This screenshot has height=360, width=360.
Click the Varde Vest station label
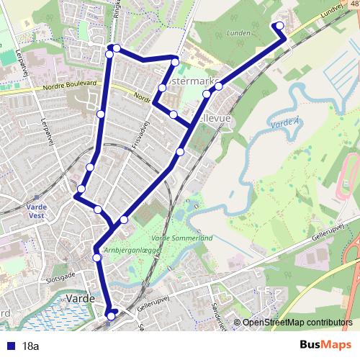[x=36, y=210]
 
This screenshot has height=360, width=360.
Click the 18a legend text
[x=30, y=346]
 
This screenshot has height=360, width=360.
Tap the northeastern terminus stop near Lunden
[x=279, y=27]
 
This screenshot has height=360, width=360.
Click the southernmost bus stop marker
[x=111, y=314]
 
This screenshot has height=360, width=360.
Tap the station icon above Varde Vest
[x=36, y=196]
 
